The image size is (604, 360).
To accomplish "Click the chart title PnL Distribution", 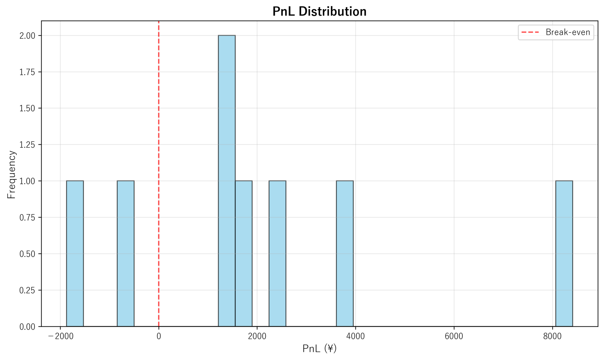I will click(319, 12).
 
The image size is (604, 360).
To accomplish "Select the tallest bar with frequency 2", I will click(226, 181).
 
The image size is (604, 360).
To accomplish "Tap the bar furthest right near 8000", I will click(564, 253).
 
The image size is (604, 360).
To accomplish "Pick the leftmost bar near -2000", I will click(75, 253).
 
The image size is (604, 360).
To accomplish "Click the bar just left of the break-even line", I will click(126, 253).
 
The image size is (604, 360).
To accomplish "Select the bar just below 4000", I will click(344, 253).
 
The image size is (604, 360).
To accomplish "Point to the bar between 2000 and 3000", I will click(277, 253).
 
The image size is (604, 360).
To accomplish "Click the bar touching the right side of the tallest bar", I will click(243, 253).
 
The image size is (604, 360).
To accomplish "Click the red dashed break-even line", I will click(159, 126).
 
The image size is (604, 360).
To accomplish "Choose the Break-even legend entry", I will click(556, 32).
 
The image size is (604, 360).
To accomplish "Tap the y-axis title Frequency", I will click(11, 174).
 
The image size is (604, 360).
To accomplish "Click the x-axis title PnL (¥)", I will click(319, 348).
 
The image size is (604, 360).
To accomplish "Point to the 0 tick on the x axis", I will click(159, 336).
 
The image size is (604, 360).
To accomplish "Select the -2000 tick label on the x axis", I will click(60, 336).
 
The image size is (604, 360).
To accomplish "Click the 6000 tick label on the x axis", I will click(454, 336).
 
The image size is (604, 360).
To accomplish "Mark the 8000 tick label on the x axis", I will click(552, 336).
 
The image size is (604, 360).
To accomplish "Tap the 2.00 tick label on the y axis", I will click(27, 36).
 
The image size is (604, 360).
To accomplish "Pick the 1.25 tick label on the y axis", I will click(27, 145).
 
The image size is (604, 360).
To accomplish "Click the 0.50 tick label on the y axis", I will click(27, 254).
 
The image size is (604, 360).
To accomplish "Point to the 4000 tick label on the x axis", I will click(355, 336).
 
